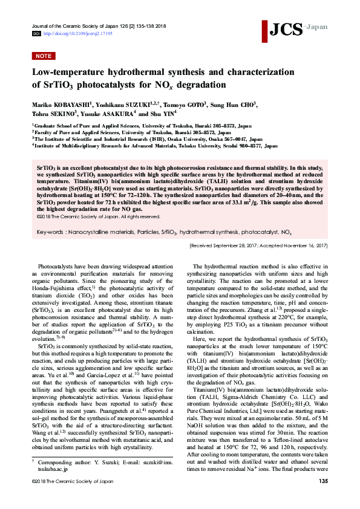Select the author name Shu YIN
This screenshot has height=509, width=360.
[x=166, y=113]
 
